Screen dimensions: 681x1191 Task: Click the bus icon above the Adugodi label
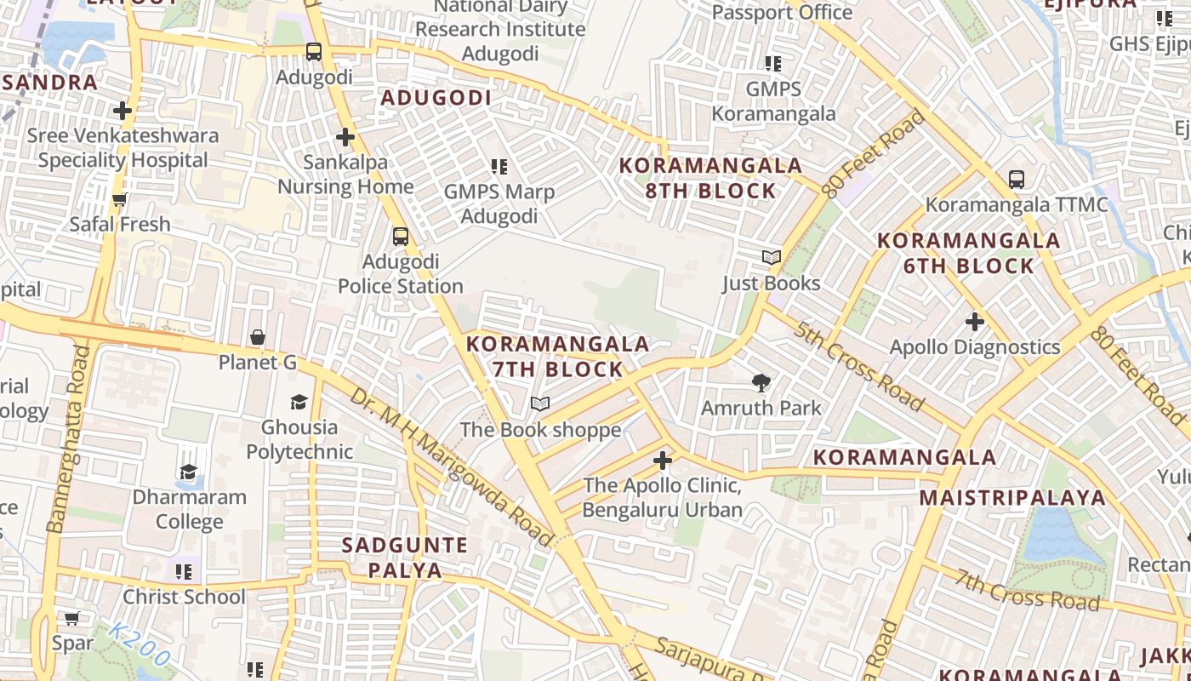[x=314, y=52]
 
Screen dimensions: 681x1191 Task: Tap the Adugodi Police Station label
[x=401, y=273]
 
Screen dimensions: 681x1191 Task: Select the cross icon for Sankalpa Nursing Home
[x=345, y=136]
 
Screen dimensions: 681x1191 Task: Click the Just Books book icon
[x=771, y=257]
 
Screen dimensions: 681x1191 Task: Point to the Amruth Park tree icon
[x=761, y=383]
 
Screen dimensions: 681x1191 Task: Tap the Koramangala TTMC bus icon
[x=1017, y=179]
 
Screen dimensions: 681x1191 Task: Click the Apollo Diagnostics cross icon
[x=975, y=322]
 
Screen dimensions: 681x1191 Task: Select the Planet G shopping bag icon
[x=258, y=337]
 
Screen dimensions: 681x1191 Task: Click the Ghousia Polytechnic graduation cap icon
[x=299, y=402]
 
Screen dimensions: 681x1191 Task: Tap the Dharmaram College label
[x=189, y=509]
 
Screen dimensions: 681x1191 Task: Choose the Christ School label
[x=184, y=597]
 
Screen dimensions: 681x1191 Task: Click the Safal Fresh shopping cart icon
[x=120, y=199]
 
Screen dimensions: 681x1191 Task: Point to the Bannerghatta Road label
[x=69, y=438]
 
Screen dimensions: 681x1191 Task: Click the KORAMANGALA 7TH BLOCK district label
[x=558, y=357]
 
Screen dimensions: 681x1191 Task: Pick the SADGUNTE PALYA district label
[x=405, y=558]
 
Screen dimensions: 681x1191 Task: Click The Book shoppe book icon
[x=540, y=403]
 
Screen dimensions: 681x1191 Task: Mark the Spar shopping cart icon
[x=72, y=618]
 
